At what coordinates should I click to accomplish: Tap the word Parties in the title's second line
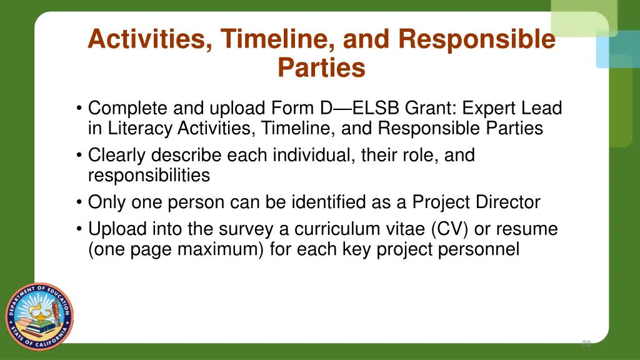321,67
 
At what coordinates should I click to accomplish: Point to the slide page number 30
586,343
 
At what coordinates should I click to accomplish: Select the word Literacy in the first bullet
141,129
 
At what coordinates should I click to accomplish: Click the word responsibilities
149,176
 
